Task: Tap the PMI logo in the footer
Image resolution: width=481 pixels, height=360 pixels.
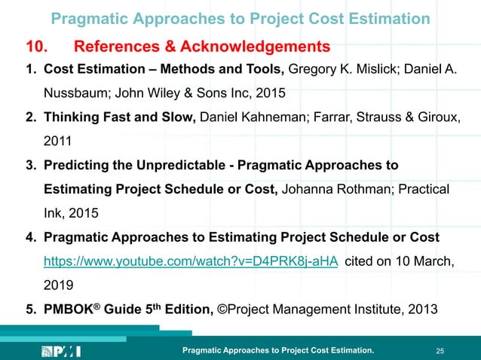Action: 65,351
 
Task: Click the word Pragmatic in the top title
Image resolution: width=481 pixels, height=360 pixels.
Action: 90,18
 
